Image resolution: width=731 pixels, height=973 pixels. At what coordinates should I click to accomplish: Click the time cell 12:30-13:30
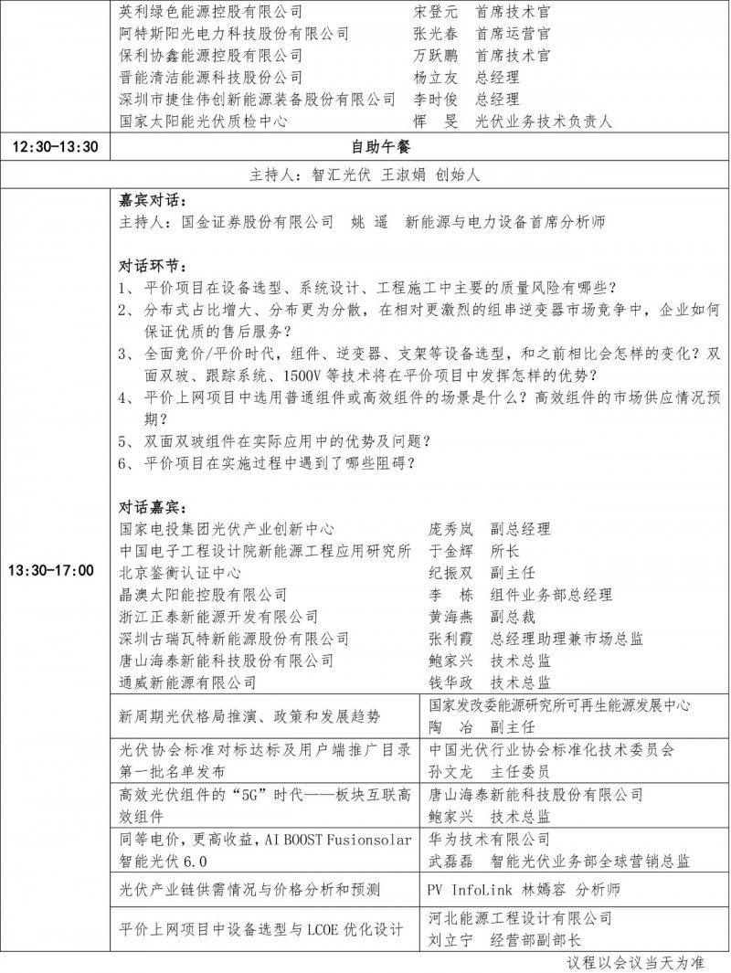tap(54, 146)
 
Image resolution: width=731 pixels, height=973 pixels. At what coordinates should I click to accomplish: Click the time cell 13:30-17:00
tap(54, 572)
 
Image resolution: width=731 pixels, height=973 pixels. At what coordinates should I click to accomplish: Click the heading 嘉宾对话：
tap(153, 199)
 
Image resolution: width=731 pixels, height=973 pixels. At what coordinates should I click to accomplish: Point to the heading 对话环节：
tap(153, 266)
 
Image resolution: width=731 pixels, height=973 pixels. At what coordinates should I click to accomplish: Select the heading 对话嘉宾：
tap(153, 506)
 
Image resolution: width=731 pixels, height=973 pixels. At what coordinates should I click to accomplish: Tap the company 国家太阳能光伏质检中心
tap(205, 121)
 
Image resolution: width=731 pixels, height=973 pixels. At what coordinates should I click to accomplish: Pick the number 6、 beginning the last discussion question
tap(129, 463)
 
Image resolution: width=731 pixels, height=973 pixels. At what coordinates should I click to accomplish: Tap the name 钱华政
tap(450, 682)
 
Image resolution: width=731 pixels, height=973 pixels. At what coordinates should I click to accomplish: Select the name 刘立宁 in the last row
tap(449, 939)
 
